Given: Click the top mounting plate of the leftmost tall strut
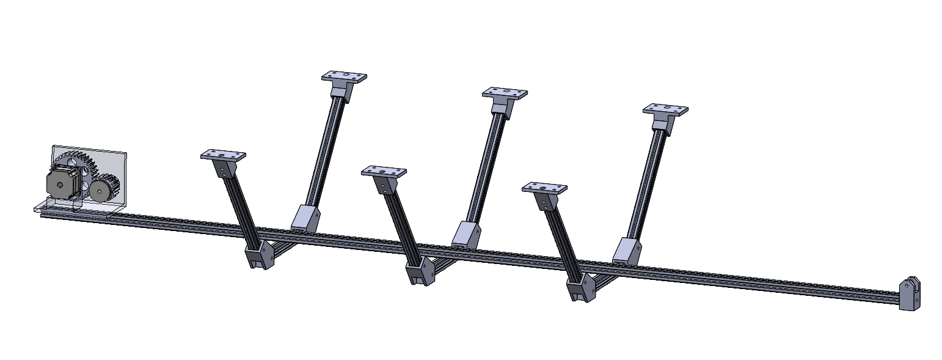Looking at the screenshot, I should tap(344, 77).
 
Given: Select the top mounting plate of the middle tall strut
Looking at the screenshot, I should tap(504, 94).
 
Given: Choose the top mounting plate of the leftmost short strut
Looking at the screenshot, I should tap(223, 156).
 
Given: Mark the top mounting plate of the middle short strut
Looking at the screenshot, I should tap(384, 172).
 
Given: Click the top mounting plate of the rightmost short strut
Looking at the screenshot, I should tap(544, 188).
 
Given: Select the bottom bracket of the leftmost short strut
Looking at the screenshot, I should tap(260, 255).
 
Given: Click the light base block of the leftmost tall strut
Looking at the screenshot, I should tap(305, 218).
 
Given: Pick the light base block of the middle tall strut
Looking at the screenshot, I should tap(466, 235).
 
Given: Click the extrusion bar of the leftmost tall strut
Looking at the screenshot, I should tap(325, 153).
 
